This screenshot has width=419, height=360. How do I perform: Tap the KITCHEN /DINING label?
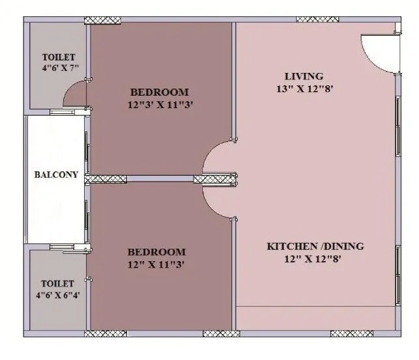[x=315, y=247]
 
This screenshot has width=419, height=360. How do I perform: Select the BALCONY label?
[x=56, y=174]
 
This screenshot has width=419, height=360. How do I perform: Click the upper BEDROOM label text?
[x=160, y=92]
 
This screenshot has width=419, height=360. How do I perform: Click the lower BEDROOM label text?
[x=156, y=252]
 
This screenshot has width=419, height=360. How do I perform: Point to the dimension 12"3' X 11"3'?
[x=160, y=104]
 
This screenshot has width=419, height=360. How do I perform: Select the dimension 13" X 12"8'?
[x=305, y=89]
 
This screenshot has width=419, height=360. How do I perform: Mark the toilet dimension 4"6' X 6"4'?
[x=57, y=296]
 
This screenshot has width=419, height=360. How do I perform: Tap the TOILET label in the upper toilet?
[x=58, y=57]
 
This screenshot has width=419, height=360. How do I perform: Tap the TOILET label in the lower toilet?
[x=57, y=284]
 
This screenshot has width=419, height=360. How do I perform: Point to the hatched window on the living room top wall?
[x=317, y=20]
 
